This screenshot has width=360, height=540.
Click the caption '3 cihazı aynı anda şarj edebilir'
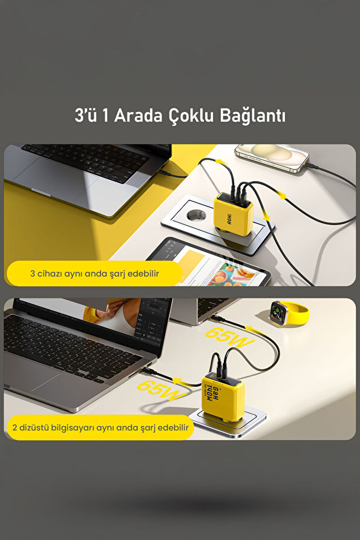point(94,274)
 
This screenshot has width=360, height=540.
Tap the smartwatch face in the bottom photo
point(280,311)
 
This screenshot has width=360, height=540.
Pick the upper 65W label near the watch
point(229,337)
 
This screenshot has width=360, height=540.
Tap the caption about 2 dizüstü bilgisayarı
point(100,427)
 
